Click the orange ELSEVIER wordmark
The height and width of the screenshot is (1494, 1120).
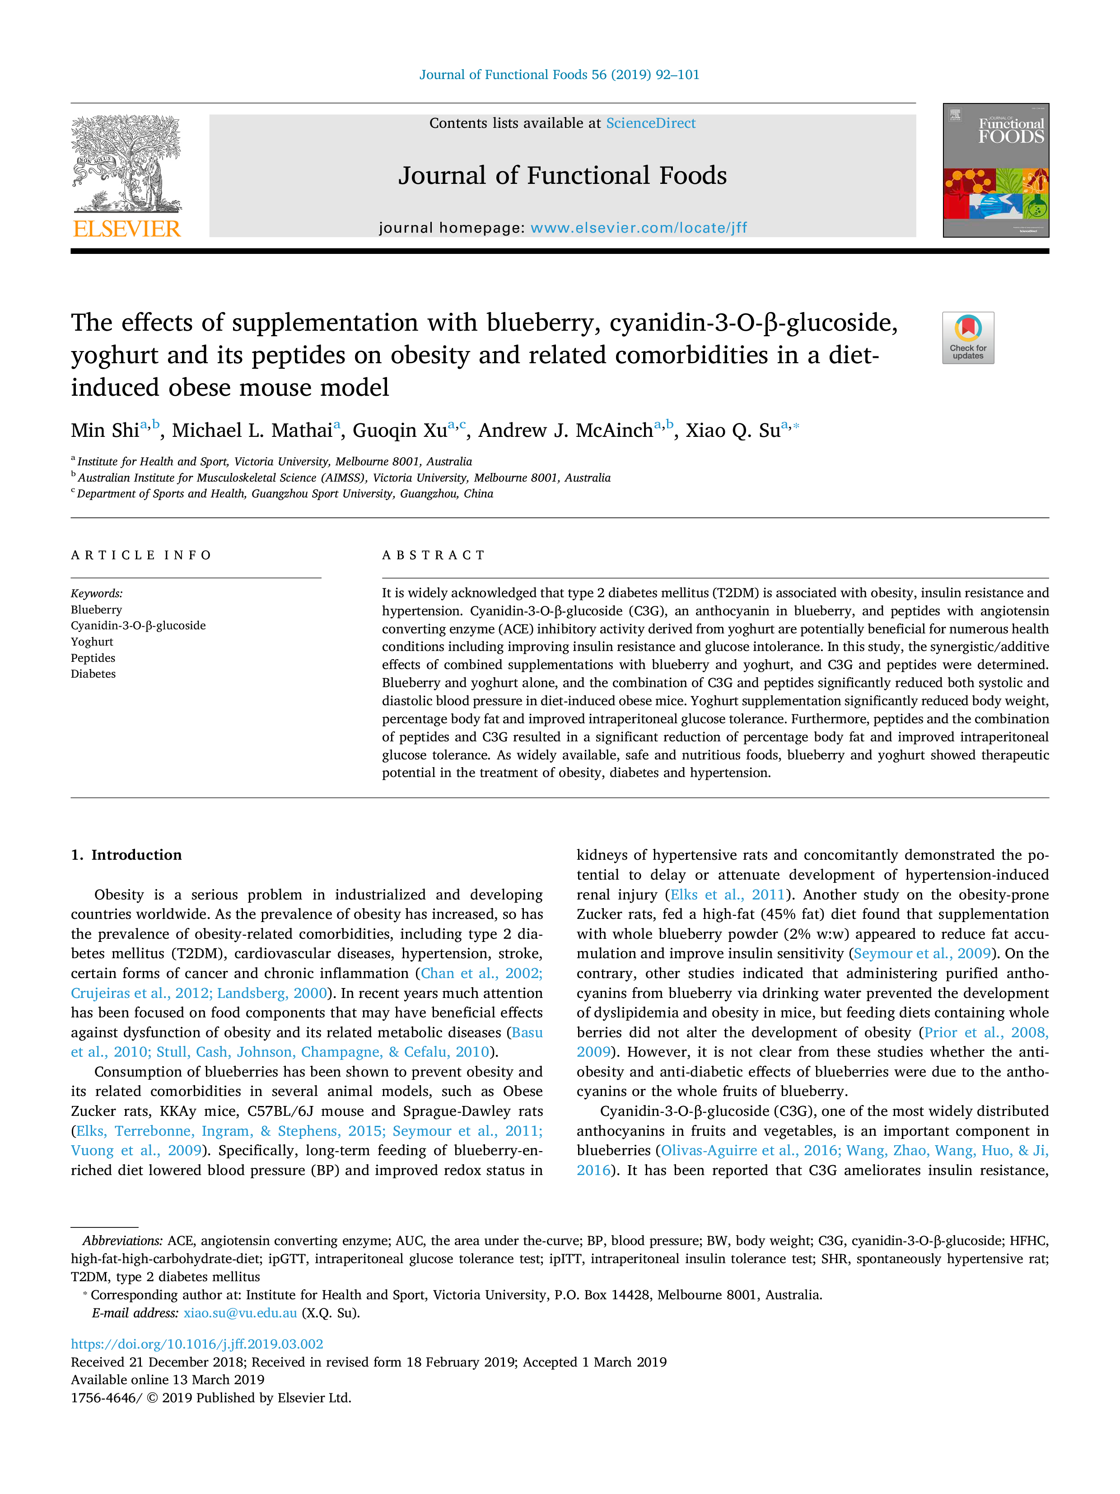click(x=126, y=229)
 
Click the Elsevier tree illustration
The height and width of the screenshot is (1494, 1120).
click(x=126, y=164)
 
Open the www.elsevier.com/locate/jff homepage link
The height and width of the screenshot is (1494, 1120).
click(x=639, y=228)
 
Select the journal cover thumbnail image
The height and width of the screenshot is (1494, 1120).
click(x=996, y=170)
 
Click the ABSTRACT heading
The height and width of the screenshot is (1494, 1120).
click(x=434, y=555)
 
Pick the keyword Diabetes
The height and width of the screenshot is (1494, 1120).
click(x=93, y=674)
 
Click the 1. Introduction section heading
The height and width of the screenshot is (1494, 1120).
click(x=126, y=855)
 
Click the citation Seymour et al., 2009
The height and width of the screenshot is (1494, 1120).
click(x=922, y=954)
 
